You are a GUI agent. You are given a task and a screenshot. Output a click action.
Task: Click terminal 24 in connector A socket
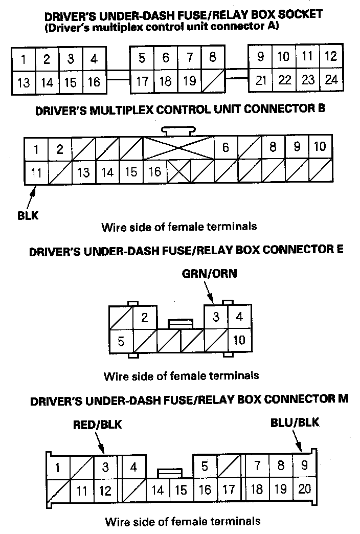331,80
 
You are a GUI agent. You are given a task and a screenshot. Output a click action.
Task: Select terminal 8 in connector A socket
213,57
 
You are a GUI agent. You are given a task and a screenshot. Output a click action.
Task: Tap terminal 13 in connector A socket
24,82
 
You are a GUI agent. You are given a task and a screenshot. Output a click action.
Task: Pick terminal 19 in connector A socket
189,80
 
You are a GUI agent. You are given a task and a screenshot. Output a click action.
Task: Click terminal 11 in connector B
36,172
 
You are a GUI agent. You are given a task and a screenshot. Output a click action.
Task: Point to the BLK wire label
27,215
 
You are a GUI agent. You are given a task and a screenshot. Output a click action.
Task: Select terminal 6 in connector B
226,148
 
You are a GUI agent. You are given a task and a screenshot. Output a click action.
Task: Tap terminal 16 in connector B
155,172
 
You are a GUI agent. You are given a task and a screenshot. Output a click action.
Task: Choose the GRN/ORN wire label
210,274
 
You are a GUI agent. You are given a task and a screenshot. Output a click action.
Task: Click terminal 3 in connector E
216,317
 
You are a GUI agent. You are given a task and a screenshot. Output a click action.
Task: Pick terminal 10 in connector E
239,340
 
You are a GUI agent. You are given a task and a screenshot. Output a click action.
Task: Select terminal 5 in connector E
121,340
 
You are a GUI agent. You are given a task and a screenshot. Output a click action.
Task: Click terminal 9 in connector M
304,466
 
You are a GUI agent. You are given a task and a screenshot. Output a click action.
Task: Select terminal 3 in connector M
105,466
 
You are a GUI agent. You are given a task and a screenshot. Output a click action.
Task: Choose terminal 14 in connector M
157,490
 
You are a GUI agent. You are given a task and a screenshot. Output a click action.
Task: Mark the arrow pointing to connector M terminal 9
298,440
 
